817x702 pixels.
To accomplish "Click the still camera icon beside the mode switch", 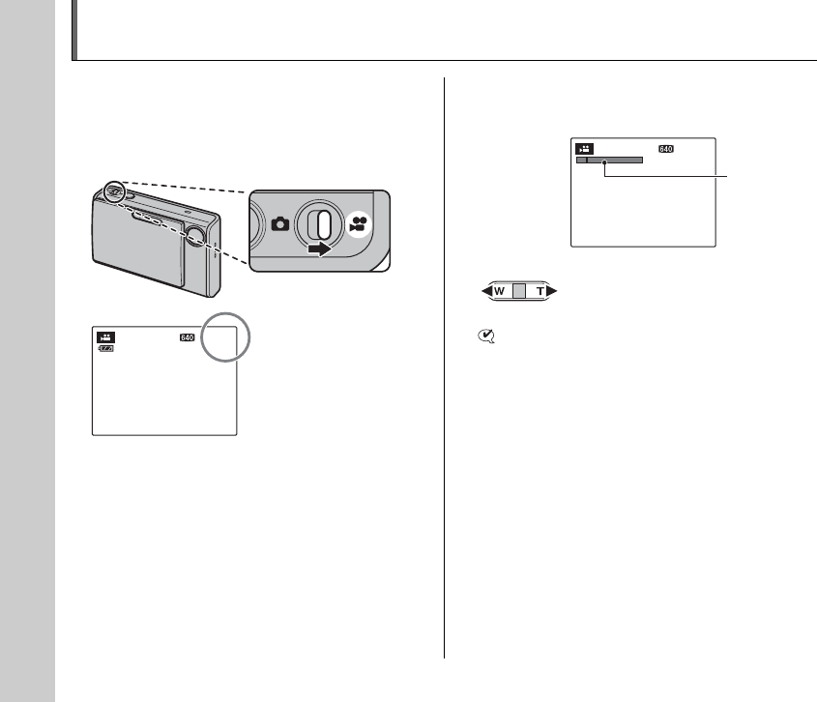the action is tap(280, 223).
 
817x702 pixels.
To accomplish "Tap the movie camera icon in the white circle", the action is tap(359, 223).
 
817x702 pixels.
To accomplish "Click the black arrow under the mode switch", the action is tap(320, 249).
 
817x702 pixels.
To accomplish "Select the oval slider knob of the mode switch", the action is tap(324, 224).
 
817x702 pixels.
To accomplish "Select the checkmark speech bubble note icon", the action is tap(485, 336).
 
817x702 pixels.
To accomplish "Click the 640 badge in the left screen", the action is tap(187, 338).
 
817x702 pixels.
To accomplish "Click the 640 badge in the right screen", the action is tap(665, 150).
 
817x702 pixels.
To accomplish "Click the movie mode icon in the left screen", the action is tap(105, 338).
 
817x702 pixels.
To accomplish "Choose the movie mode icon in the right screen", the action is tap(584, 150).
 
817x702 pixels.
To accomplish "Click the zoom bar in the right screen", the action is tap(609, 161).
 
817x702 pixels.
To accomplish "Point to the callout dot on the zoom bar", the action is tap(604, 162).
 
